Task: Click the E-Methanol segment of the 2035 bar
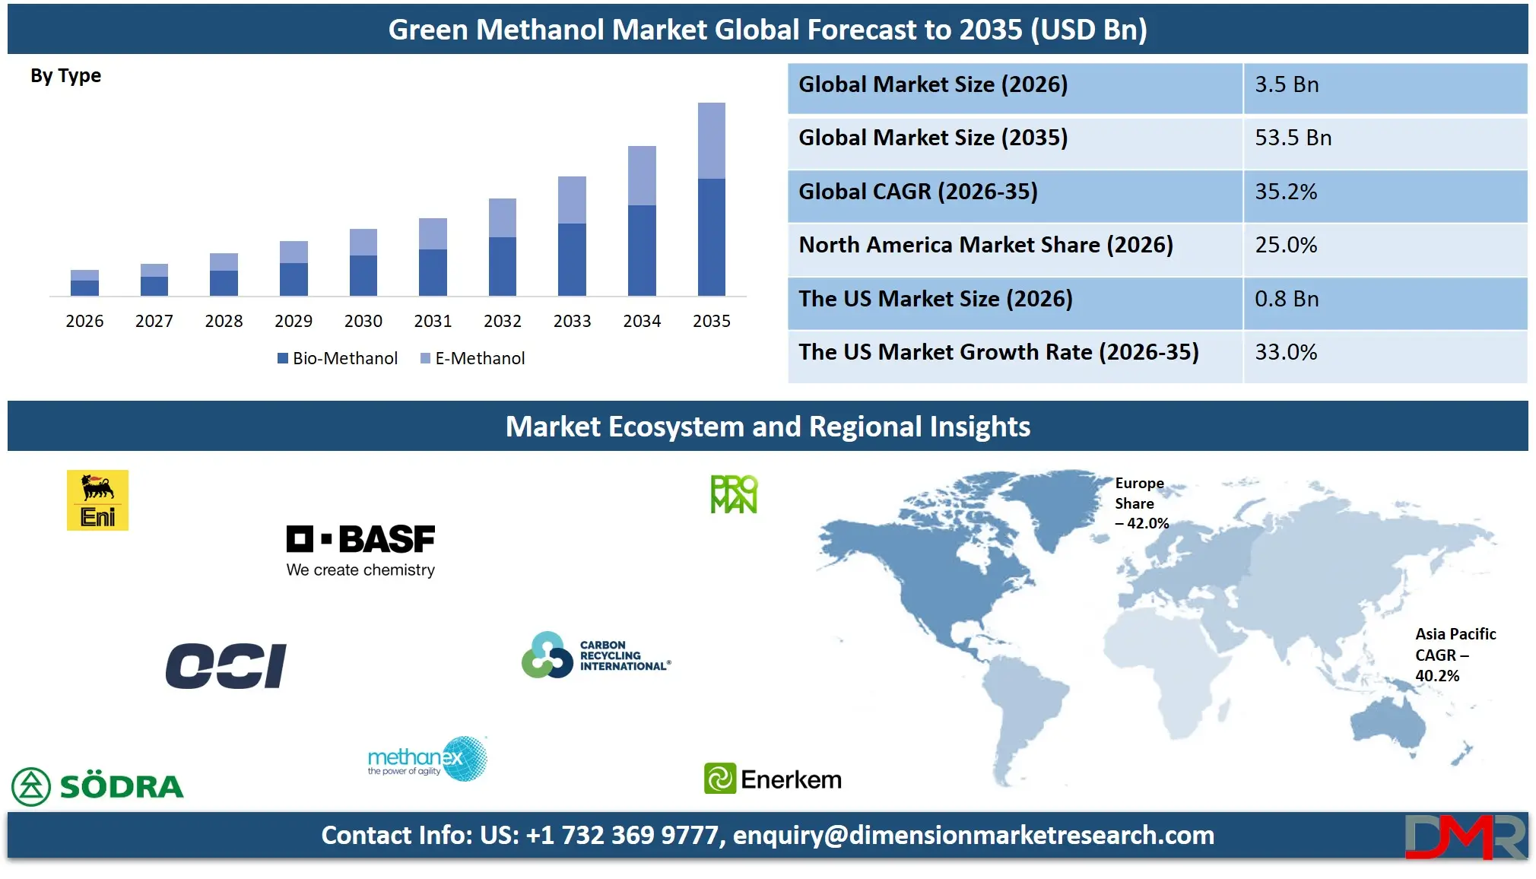coord(711,141)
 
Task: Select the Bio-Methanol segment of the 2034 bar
coord(642,250)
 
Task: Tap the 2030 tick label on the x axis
coord(363,321)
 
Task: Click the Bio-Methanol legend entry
coord(338,358)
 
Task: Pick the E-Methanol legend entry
coord(472,358)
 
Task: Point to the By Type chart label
coord(65,76)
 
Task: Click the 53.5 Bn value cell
coord(1293,138)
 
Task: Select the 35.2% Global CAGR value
coord(1285,192)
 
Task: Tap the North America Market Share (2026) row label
coord(985,245)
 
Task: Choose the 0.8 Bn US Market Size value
coord(1287,299)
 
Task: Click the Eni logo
coord(97,500)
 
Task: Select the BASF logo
coord(360,551)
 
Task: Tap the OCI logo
coord(226,666)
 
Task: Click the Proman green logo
coord(734,494)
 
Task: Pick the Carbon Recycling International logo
coord(596,655)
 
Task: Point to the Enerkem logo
coord(773,779)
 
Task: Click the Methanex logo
coord(427,759)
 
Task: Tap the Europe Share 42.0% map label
coord(1141,503)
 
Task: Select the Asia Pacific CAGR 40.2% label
coord(1454,655)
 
